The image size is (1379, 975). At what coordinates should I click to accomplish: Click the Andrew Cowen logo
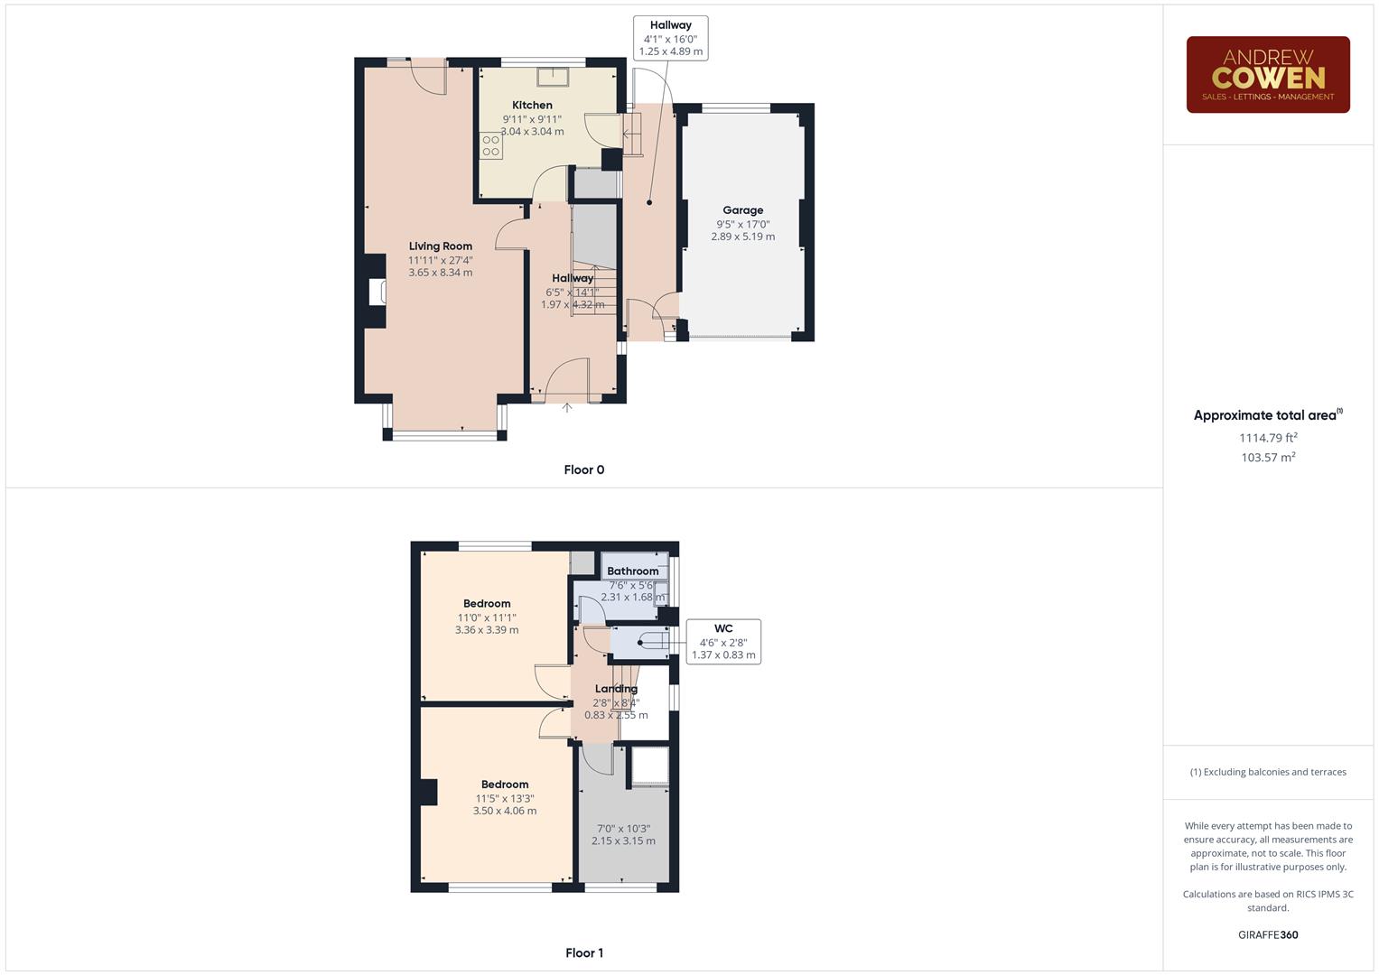click(x=1267, y=74)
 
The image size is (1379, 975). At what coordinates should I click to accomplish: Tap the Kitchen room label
click(x=532, y=106)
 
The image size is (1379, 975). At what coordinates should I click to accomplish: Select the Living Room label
click(x=440, y=246)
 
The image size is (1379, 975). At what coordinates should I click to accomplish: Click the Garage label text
click(x=742, y=210)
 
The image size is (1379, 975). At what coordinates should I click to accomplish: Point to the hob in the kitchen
click(x=491, y=146)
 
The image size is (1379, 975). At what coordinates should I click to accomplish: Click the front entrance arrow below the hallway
click(x=567, y=408)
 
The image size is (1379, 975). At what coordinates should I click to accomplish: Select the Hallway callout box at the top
click(x=670, y=39)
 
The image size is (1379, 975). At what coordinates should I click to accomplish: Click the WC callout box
click(x=723, y=642)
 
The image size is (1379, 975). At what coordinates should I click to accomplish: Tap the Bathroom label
click(x=632, y=571)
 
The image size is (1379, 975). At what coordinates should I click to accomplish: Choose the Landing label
click(x=616, y=690)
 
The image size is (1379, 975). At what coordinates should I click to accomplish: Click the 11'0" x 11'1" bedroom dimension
click(x=487, y=617)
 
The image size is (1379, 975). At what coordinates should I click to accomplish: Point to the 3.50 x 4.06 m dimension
click(x=505, y=811)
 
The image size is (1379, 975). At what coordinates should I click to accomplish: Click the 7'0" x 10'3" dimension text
click(x=623, y=829)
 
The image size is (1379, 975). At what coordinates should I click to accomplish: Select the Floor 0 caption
click(x=584, y=469)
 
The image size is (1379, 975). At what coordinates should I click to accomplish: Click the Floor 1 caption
click(x=584, y=952)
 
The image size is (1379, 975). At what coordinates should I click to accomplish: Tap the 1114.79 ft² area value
click(x=1268, y=438)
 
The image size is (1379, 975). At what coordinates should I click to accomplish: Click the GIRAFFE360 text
click(x=1267, y=934)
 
